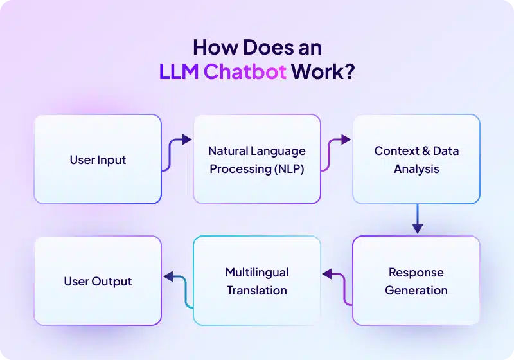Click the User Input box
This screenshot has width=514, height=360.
[x=98, y=159]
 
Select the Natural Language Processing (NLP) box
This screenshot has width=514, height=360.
[x=257, y=159]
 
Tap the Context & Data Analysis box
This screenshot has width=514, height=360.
[x=416, y=159]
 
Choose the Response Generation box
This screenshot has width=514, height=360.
[x=416, y=281]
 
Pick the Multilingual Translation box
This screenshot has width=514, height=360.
[x=257, y=281]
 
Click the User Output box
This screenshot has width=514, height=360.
[x=98, y=281]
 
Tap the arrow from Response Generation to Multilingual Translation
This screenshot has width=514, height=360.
[x=337, y=286]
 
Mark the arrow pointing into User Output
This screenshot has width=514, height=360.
[x=177, y=286]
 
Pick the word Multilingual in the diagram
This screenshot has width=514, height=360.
[x=257, y=272]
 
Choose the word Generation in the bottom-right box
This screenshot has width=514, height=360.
[x=416, y=290]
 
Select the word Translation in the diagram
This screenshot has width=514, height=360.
[x=257, y=290]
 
